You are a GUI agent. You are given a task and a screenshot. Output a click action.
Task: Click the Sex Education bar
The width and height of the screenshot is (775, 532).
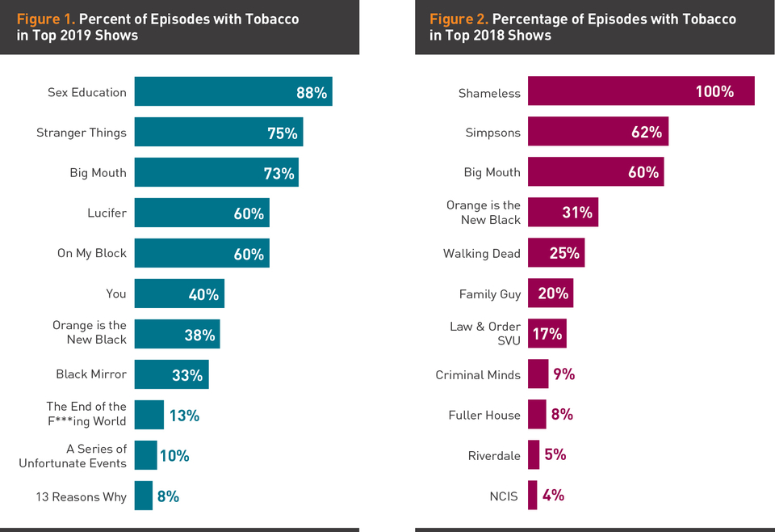pos(233,91)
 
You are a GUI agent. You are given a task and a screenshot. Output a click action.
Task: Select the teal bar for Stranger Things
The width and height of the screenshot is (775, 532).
pos(218,132)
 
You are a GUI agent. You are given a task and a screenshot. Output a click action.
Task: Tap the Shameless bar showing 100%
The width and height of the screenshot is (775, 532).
pos(641,91)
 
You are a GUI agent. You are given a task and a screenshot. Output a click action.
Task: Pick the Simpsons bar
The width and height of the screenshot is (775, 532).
pos(597,132)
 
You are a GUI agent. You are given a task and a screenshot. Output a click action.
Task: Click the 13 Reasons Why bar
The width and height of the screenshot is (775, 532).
pos(143,496)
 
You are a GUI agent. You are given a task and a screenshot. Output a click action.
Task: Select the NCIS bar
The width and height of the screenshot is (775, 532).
pos(532,496)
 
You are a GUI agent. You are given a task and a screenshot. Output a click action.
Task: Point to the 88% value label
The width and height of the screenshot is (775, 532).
pos(312,93)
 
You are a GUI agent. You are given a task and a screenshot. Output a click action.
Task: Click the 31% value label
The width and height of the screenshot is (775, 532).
pos(577,213)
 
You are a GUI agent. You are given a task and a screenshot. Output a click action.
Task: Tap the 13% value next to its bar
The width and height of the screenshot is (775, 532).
pos(184,416)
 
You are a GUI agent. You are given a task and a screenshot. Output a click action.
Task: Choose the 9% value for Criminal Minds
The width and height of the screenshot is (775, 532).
pos(564,374)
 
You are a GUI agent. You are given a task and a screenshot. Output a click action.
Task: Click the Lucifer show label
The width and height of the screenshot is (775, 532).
pos(107,213)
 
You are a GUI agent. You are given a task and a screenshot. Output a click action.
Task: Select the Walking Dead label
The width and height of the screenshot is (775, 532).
pos(482,254)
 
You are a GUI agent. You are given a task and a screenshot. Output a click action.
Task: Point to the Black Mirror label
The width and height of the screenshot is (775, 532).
pos(91,374)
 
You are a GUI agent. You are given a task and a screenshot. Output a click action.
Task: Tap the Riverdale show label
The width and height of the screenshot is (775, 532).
pos(494,456)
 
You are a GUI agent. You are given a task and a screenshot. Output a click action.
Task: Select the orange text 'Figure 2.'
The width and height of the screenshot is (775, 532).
pos(459,19)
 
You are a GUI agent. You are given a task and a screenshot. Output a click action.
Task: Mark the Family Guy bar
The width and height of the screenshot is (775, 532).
pos(551,293)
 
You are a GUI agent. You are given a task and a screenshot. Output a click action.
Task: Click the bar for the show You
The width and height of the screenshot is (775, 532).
pos(179,293)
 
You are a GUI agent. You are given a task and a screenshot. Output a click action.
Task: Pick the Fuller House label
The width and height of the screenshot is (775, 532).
pos(484,416)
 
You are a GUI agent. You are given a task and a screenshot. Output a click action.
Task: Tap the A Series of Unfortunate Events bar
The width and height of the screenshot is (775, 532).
pos(145,455)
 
